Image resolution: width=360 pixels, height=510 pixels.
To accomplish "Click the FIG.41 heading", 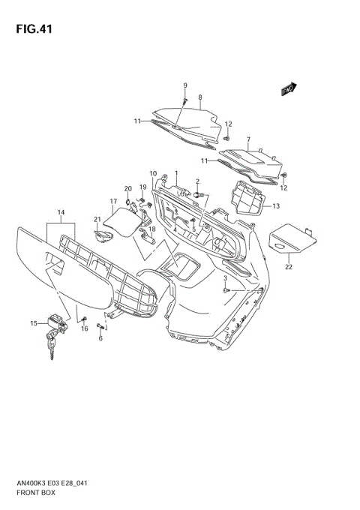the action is (34, 29).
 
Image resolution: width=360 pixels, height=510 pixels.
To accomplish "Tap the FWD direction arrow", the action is (289, 88).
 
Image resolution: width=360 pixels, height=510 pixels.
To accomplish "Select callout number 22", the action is (289, 267).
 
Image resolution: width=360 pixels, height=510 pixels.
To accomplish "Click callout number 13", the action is (276, 206).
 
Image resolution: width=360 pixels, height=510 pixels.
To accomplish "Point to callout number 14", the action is (61, 212).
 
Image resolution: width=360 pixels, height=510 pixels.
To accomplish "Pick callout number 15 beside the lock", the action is (34, 323).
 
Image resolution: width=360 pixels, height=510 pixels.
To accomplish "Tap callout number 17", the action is (113, 202).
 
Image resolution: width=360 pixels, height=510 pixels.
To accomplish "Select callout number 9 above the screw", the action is (185, 85).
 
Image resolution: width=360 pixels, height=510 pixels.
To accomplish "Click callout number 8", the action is (200, 97).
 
